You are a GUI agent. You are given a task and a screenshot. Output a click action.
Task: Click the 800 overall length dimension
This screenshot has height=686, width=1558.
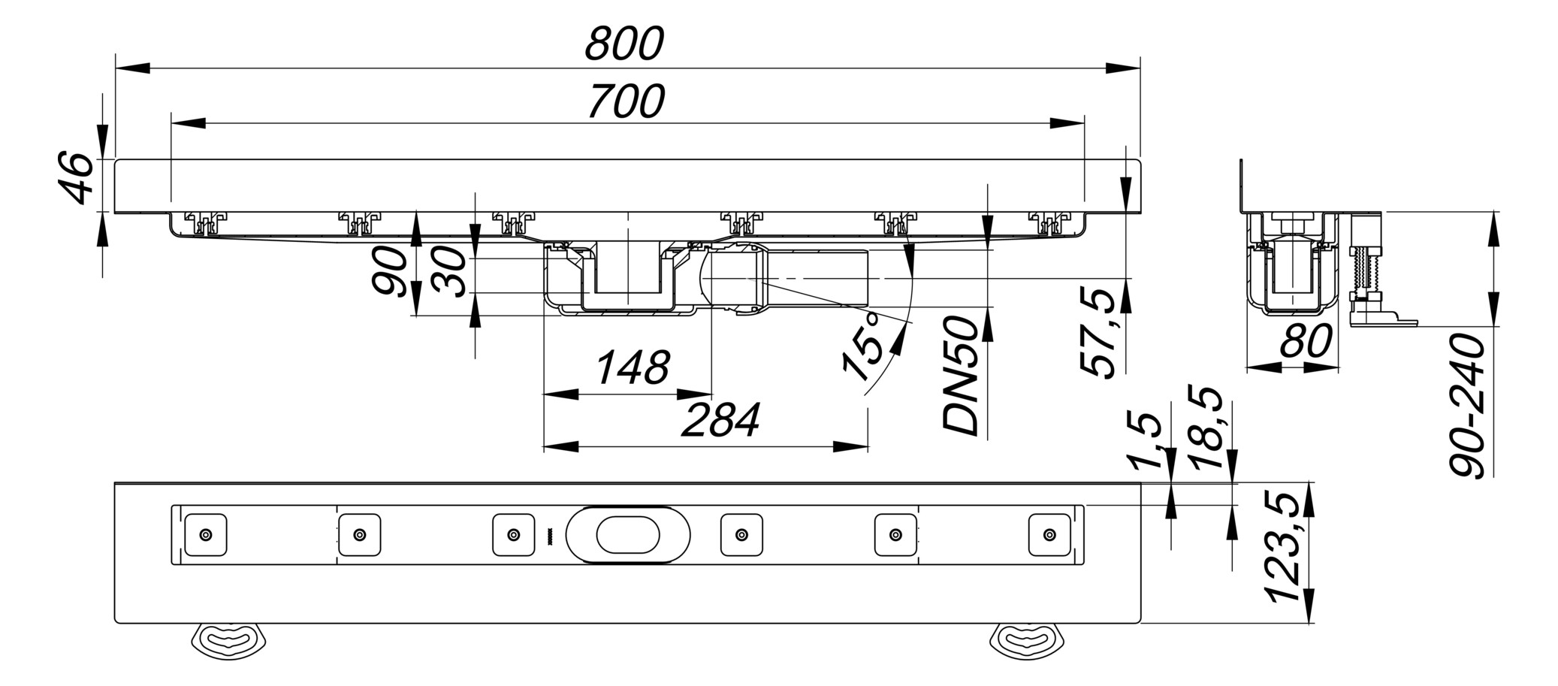624,44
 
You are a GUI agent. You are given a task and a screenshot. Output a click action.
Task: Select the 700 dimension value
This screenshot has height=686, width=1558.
626,102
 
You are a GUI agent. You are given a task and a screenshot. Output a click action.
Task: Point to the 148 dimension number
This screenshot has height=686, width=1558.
632,368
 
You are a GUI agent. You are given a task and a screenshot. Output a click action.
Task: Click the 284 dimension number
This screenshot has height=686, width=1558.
720,421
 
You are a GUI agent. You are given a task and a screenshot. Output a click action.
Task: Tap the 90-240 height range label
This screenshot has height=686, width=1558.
1467,406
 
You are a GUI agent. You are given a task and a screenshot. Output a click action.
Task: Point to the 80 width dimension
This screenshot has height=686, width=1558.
1306,341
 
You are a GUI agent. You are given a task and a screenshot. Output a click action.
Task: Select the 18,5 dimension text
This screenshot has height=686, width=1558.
1210,428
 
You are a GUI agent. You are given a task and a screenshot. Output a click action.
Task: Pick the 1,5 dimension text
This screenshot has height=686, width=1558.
1146,440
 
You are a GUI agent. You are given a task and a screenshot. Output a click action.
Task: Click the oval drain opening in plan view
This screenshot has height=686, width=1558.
628,535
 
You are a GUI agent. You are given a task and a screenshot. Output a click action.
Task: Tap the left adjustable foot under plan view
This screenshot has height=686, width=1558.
230,640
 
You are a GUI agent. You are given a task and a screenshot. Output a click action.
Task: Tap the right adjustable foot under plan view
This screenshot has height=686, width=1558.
1028,640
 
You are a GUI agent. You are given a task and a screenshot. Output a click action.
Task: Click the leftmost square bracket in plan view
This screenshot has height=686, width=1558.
205,535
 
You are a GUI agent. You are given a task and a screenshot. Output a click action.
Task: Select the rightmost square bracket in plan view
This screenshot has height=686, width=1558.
1049,535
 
